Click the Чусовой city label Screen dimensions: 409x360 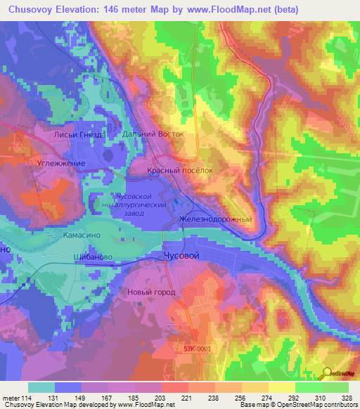186,257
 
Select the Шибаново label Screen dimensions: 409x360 93,258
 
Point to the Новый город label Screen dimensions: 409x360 151,292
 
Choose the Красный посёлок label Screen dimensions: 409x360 179,171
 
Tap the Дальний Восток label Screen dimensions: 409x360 153,134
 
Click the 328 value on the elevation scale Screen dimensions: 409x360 346,398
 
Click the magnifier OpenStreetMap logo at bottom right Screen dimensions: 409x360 327,374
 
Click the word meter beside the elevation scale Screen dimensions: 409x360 8,398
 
